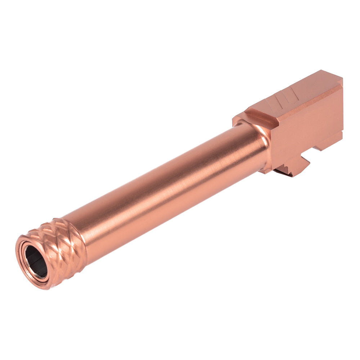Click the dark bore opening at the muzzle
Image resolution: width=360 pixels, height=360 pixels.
click(x=36, y=262)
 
